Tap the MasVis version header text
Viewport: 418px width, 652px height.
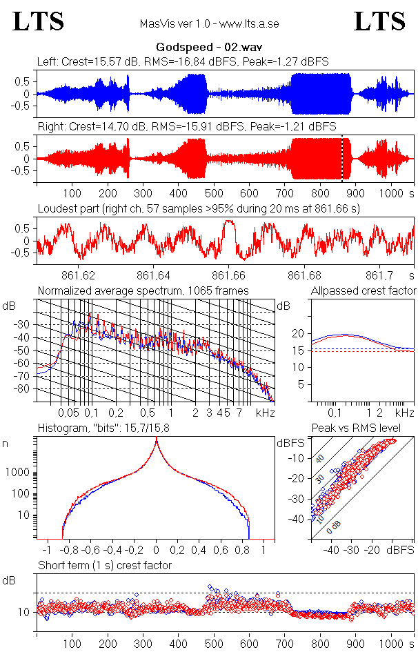pyautogui.click(x=209, y=24)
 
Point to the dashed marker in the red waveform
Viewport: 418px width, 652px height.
pyautogui.click(x=342, y=158)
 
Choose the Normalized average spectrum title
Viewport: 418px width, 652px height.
pyautogui.click(x=128, y=290)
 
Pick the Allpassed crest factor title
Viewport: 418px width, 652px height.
pyautogui.click(x=364, y=290)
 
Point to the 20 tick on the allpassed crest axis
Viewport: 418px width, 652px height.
pyautogui.click(x=297, y=333)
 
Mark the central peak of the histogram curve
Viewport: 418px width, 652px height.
pyautogui.click(x=157, y=442)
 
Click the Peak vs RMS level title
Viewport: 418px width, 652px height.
pyautogui.click(x=363, y=428)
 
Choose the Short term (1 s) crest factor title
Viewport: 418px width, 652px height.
pyautogui.click(x=104, y=566)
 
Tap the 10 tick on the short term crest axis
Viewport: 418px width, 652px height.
pyautogui.click(x=22, y=612)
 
